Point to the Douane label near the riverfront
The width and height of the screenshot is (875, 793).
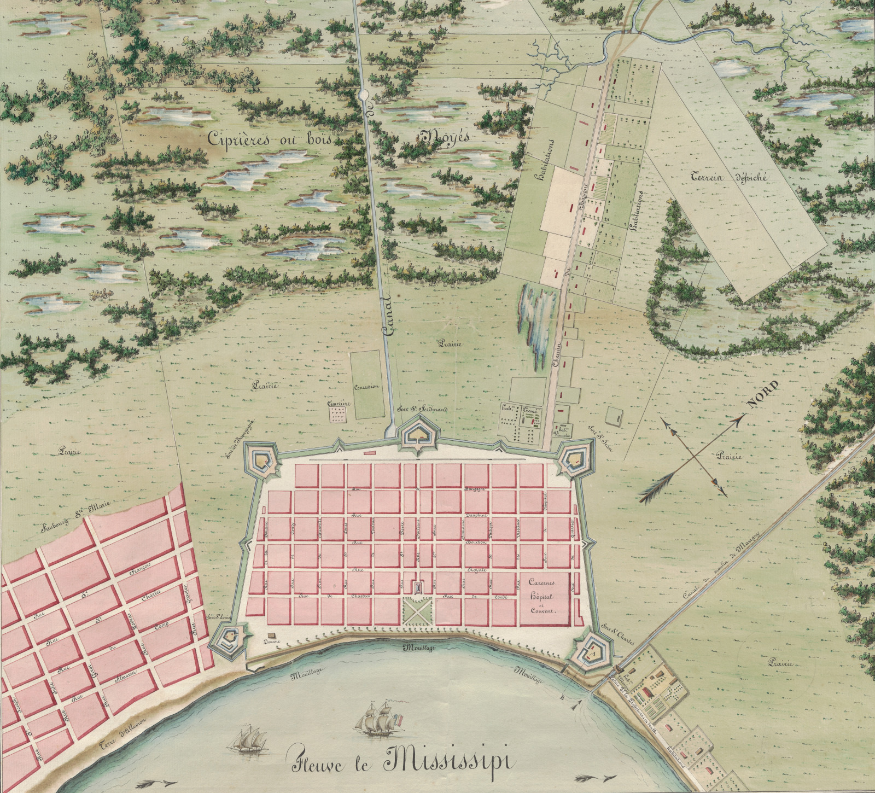[271, 641]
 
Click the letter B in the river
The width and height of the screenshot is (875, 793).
[562, 697]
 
